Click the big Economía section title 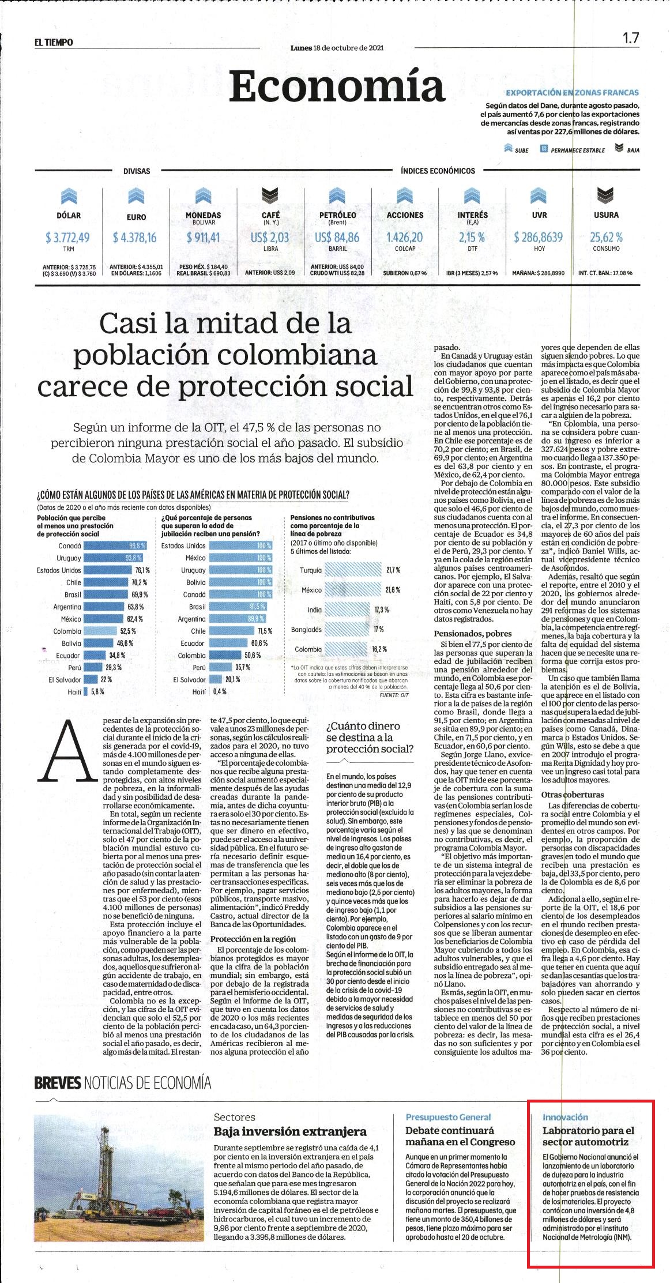click(x=337, y=86)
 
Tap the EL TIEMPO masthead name click(x=53, y=43)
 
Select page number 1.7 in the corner click(x=630, y=39)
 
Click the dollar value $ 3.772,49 click(x=68, y=237)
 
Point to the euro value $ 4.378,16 click(x=135, y=237)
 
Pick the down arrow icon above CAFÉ click(x=271, y=197)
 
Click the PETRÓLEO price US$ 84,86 click(x=337, y=237)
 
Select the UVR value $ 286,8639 click(x=539, y=237)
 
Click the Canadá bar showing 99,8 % click(x=115, y=545)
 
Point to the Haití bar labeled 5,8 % click(x=86, y=691)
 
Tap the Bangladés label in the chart click(x=306, y=629)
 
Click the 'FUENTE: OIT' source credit click(x=394, y=695)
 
